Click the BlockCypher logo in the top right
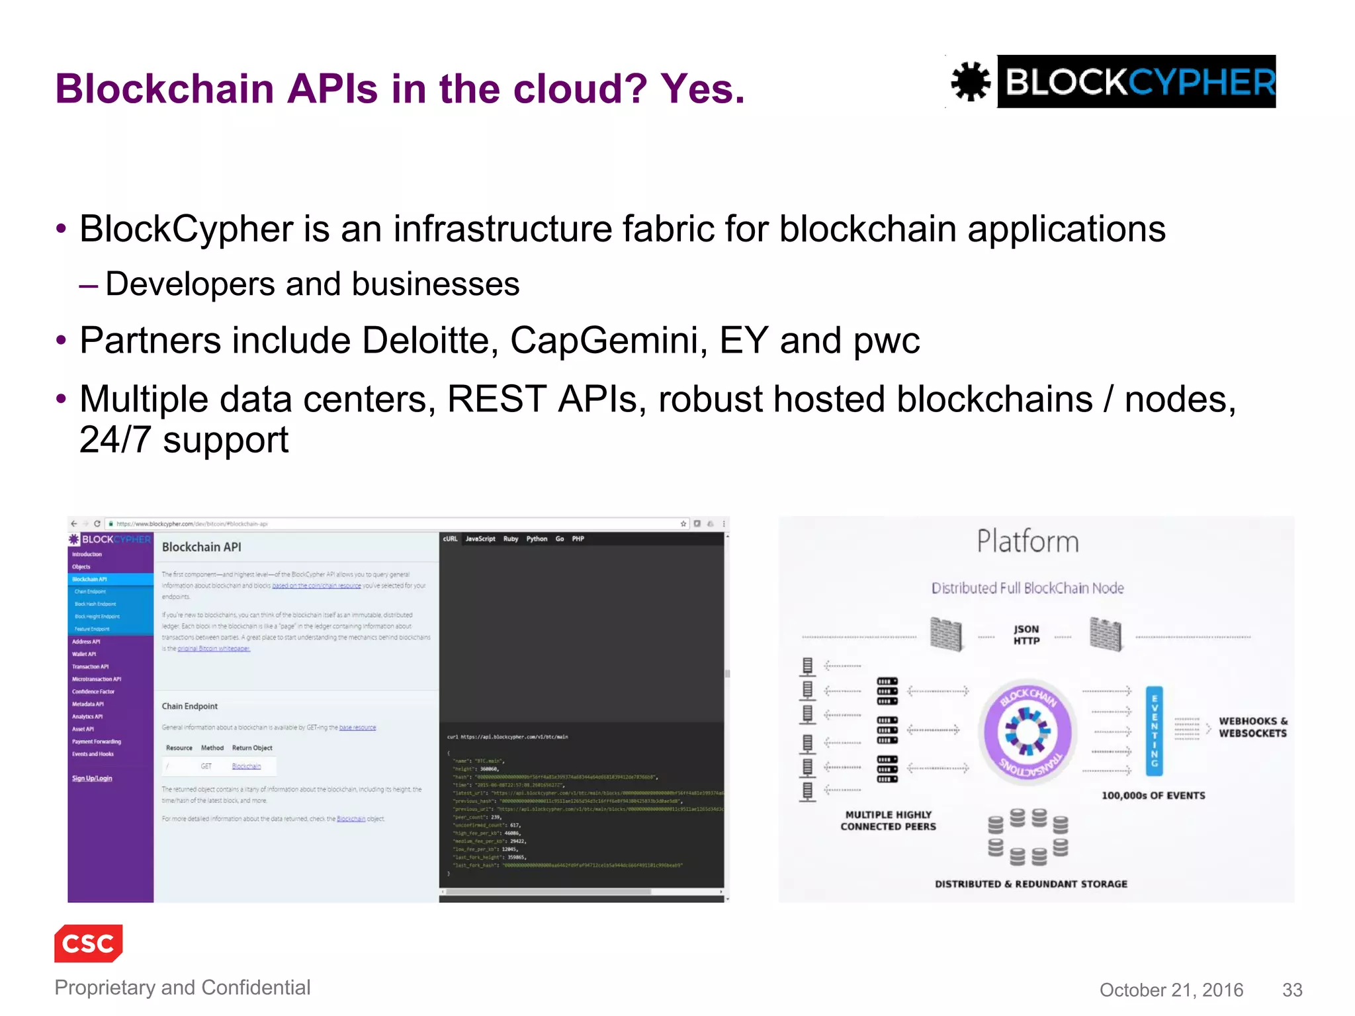click(x=1113, y=82)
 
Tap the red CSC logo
click(x=89, y=943)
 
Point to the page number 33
click(x=1291, y=990)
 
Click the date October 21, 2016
click(x=1171, y=990)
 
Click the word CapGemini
click(x=604, y=341)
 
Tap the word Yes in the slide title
click(x=702, y=89)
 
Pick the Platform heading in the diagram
click(x=1027, y=542)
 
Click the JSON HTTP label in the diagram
click(x=1026, y=635)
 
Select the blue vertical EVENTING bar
click(x=1154, y=731)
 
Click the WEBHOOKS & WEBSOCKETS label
click(x=1252, y=727)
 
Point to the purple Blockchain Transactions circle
click(x=1027, y=732)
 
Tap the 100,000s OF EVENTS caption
click(x=1153, y=796)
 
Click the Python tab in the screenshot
click(x=537, y=539)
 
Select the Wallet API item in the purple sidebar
click(x=84, y=654)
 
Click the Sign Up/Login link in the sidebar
click(x=92, y=779)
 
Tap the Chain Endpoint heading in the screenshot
click(x=190, y=706)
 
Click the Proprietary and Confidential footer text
click(x=182, y=988)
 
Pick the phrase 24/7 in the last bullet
click(x=115, y=440)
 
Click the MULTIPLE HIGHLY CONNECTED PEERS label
click(x=888, y=821)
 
